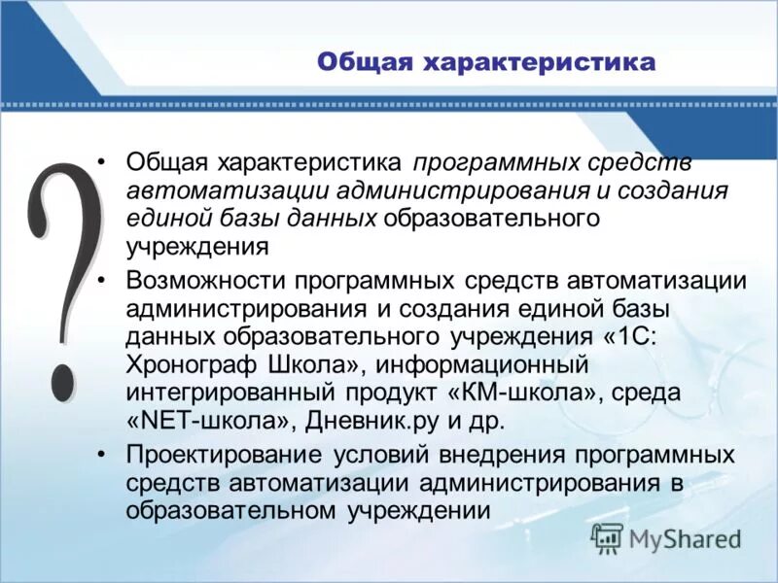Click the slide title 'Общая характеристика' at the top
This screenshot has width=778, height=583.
[486, 63]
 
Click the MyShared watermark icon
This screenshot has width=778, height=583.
[607, 537]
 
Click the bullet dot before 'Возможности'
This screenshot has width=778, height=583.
[105, 281]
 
